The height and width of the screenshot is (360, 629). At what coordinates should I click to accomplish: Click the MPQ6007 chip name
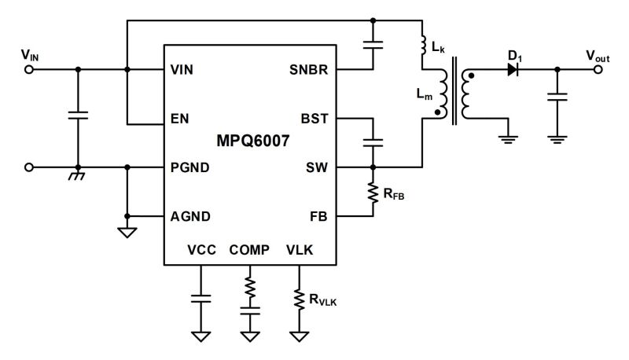[x=250, y=144]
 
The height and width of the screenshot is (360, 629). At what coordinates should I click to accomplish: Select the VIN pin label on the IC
[x=182, y=70]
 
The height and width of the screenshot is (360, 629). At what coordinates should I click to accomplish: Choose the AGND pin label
[x=189, y=216]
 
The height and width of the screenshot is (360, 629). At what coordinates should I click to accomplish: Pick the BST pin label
[x=317, y=119]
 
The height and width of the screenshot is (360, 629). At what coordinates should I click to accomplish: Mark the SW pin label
[x=318, y=167]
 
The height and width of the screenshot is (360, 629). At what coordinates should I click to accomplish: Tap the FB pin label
[x=320, y=216]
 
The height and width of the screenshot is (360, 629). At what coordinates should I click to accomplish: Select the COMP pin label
[x=249, y=250]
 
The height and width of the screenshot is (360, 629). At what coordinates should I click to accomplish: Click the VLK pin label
[x=300, y=250]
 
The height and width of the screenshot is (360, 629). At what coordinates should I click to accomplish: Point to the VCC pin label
[x=201, y=250]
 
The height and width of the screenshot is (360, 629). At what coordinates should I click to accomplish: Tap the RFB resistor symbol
[x=373, y=192]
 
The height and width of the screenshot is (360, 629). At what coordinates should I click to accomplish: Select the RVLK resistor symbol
[x=299, y=299]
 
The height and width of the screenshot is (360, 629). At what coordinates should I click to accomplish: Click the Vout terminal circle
[x=599, y=70]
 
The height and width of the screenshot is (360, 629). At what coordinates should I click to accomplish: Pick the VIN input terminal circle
[x=30, y=70]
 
